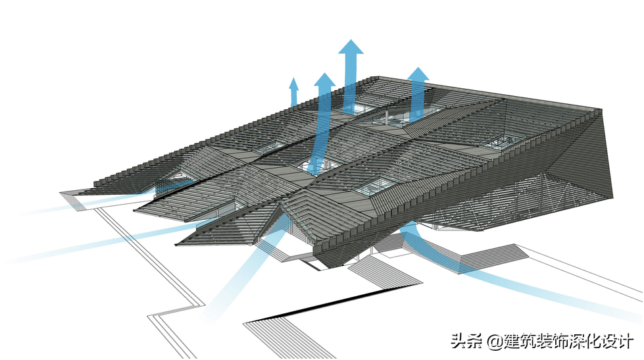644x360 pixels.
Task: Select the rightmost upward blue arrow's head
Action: tap(418, 74)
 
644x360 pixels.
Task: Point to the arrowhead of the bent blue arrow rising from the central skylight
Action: tap(324, 82)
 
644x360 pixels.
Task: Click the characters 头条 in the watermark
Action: tap(466, 341)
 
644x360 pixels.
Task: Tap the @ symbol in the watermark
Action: tap(494, 342)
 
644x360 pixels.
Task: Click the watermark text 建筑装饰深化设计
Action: tap(568, 341)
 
